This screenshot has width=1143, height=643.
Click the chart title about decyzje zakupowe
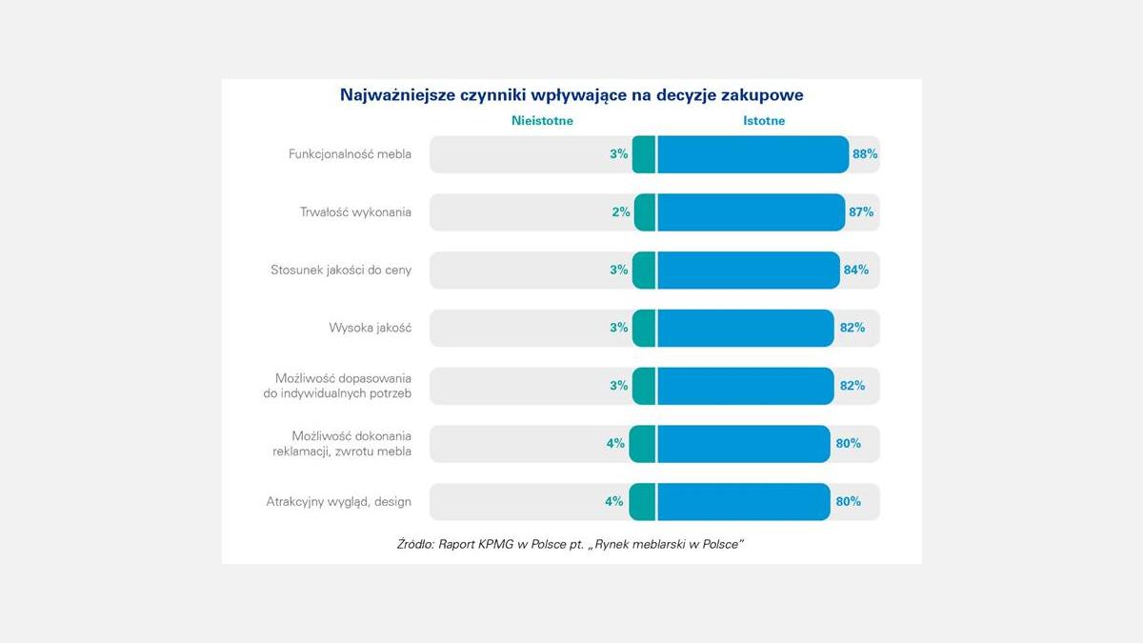[x=571, y=95]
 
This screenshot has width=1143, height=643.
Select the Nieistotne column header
[x=542, y=121]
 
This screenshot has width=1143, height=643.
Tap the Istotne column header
[x=764, y=121]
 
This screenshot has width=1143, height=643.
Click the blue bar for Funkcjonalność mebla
[x=752, y=154]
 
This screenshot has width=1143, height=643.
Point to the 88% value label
[x=865, y=154]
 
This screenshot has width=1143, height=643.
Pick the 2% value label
[x=621, y=212]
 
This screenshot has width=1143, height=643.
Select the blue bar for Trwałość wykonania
[x=751, y=212]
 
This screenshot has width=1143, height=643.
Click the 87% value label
[x=861, y=212]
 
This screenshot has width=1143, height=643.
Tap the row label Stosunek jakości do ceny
[x=341, y=271]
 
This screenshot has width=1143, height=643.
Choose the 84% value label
[x=855, y=271]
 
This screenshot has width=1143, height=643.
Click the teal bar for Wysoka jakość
[x=644, y=328]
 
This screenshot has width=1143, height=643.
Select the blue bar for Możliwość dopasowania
[x=745, y=386]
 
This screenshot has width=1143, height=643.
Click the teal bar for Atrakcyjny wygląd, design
[x=642, y=501]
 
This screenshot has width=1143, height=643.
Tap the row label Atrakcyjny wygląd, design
[x=338, y=501]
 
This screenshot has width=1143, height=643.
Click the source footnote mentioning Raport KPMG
[x=569, y=544]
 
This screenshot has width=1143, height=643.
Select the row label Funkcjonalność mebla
[x=350, y=154]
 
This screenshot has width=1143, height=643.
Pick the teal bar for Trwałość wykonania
[x=645, y=212]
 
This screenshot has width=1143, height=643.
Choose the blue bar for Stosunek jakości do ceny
[x=748, y=271]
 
